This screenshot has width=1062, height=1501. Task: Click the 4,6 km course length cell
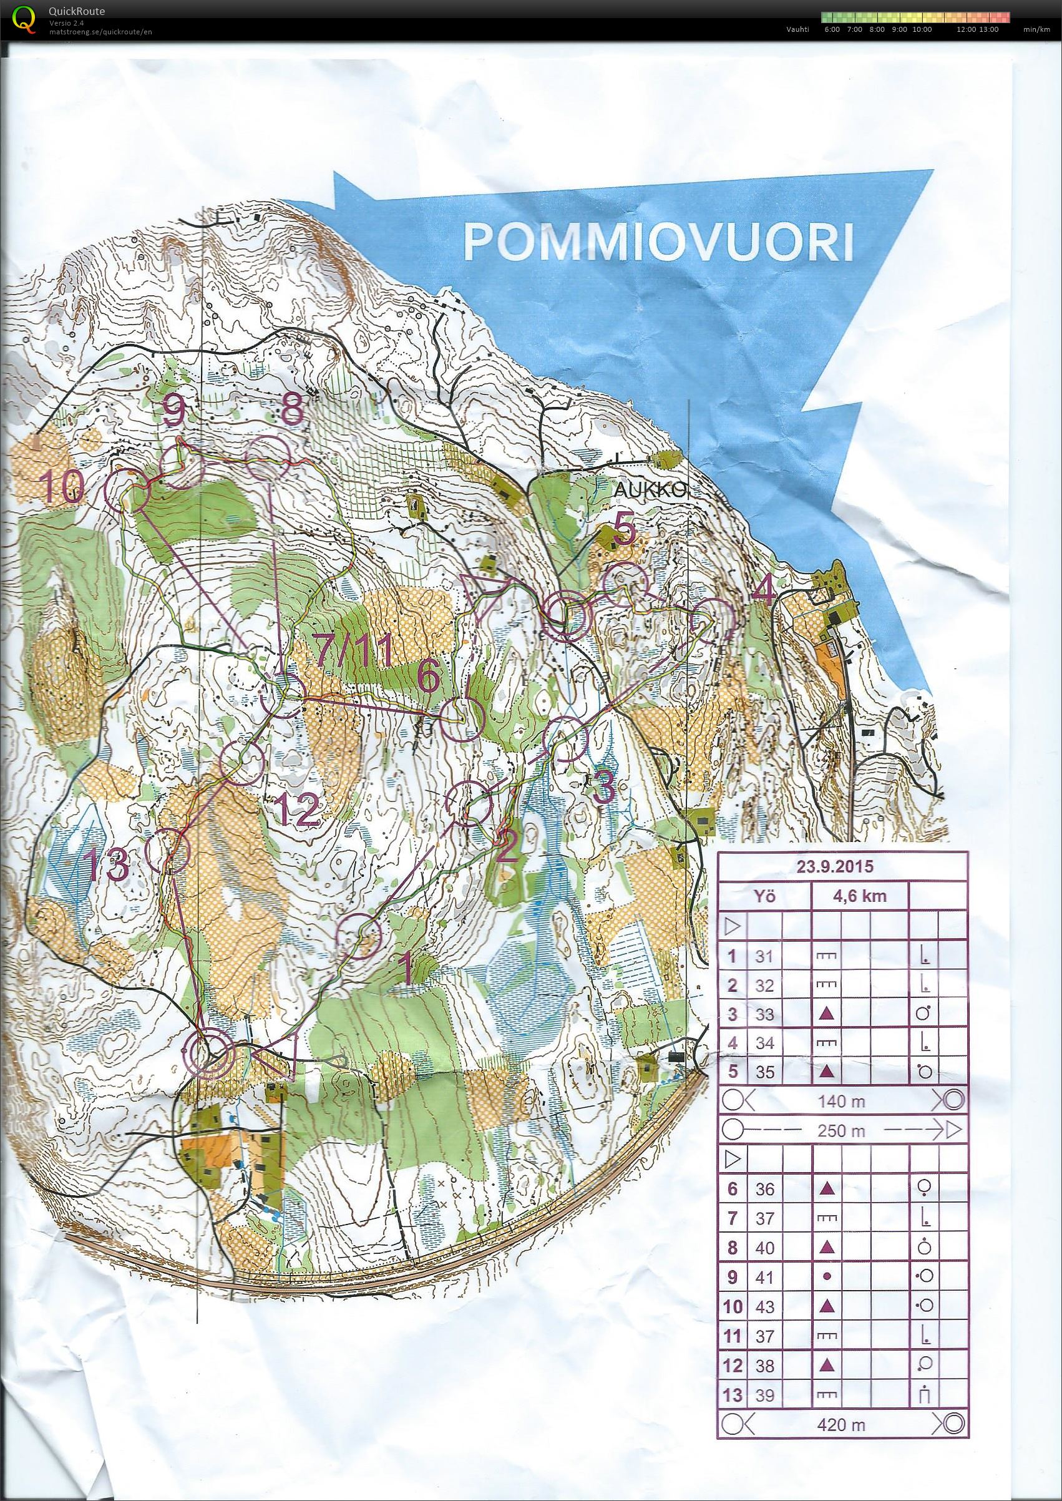pyautogui.click(x=859, y=896)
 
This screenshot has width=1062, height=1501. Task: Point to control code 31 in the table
pyautogui.click(x=764, y=957)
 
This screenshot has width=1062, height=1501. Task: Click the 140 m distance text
pyautogui.click(x=842, y=1102)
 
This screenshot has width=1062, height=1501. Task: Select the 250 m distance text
pyautogui.click(x=842, y=1130)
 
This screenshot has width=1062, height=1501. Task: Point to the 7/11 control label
pyautogui.click(x=356, y=652)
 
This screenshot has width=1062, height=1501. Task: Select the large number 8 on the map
pyautogui.click(x=290, y=411)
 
